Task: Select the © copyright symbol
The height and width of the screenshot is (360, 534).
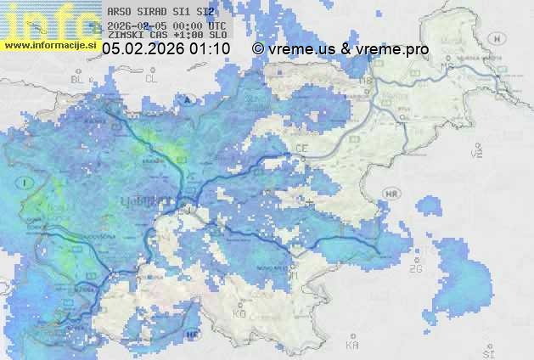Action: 258,49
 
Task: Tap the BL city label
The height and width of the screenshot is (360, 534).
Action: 78,79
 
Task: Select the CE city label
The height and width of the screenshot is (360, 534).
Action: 301,149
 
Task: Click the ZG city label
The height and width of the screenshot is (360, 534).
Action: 415,269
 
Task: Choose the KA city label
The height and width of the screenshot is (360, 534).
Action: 352,345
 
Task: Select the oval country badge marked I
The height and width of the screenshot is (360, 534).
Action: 27,183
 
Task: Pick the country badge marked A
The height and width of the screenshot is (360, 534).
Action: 186,98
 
